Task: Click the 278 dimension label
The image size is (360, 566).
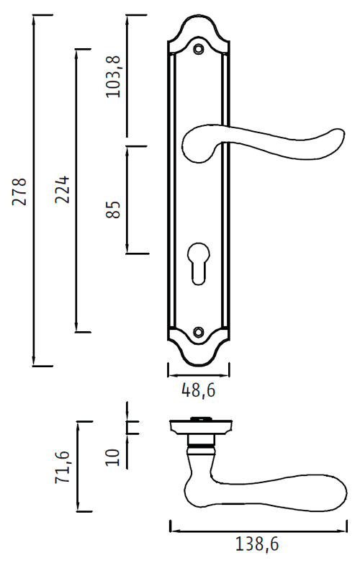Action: click(x=19, y=192)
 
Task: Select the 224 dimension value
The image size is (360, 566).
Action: click(x=62, y=189)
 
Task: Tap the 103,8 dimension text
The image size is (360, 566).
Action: click(x=113, y=76)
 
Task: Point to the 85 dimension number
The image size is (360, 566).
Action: click(x=113, y=210)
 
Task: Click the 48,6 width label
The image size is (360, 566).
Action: click(x=199, y=390)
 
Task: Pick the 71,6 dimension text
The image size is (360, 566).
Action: click(x=62, y=467)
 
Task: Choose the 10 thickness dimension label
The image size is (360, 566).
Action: click(x=112, y=457)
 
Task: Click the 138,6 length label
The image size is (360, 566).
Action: click(x=257, y=544)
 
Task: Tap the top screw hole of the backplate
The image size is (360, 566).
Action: click(x=198, y=49)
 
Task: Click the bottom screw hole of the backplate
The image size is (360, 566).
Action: click(x=198, y=331)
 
